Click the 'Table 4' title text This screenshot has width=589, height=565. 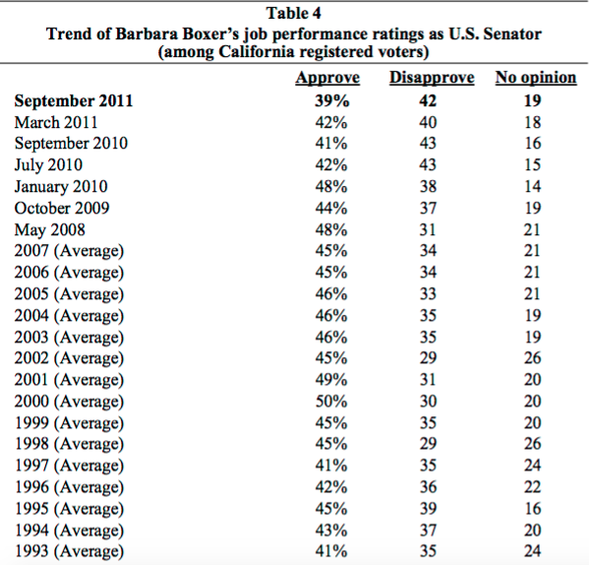tap(294, 14)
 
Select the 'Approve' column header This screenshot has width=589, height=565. tap(327, 78)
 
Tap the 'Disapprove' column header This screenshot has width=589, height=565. tap(432, 78)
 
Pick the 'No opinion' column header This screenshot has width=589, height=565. tap(536, 78)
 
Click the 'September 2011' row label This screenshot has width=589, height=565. tap(74, 101)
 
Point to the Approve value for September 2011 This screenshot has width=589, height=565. tap(331, 100)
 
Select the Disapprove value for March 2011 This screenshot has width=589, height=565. tap(428, 123)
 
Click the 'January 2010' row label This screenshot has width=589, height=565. tap(61, 186)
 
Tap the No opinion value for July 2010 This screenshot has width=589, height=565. tap(533, 165)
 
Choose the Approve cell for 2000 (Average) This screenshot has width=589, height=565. tap(331, 402)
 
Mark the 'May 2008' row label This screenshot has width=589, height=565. tap(49, 230)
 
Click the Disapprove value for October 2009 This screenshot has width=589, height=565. tap(428, 208)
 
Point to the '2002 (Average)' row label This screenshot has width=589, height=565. tap(69, 358)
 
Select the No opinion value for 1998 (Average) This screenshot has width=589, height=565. tap(533, 444)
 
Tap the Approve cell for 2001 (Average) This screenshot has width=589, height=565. tap(331, 380)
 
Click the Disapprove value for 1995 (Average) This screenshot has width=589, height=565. tap(428, 509)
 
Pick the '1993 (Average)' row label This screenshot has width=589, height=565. tap(69, 551)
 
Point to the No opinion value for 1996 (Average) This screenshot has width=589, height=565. tap(533, 487)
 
